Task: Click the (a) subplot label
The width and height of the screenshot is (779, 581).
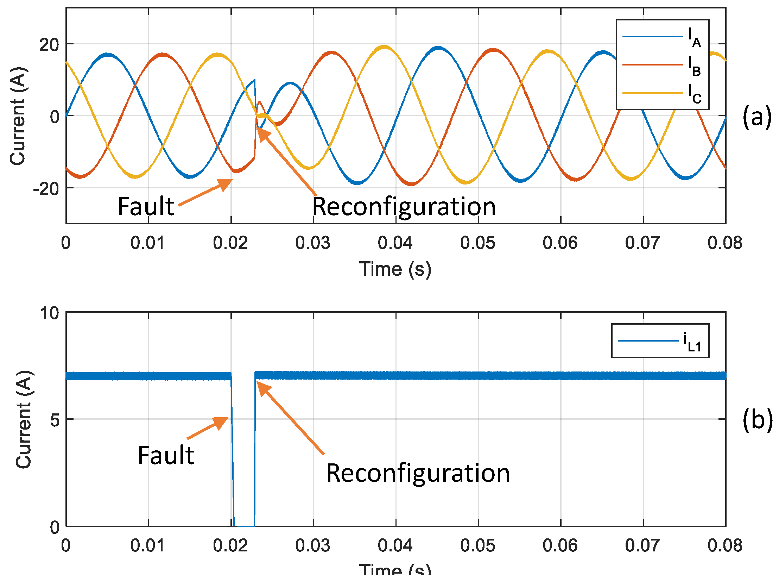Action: pos(757,117)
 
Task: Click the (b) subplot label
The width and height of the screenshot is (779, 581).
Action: pos(758,419)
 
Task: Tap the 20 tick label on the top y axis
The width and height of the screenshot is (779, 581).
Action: pos(49,45)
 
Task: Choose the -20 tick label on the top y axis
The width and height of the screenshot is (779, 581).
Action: pos(46,189)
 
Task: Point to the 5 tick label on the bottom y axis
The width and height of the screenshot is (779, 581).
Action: pos(55,420)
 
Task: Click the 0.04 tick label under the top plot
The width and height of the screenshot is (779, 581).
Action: pos(395,243)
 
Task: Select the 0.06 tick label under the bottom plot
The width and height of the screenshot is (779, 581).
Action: pos(560,545)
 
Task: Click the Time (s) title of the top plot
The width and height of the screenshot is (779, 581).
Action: pos(395,269)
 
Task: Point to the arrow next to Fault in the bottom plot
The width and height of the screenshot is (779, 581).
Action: pos(208,428)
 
